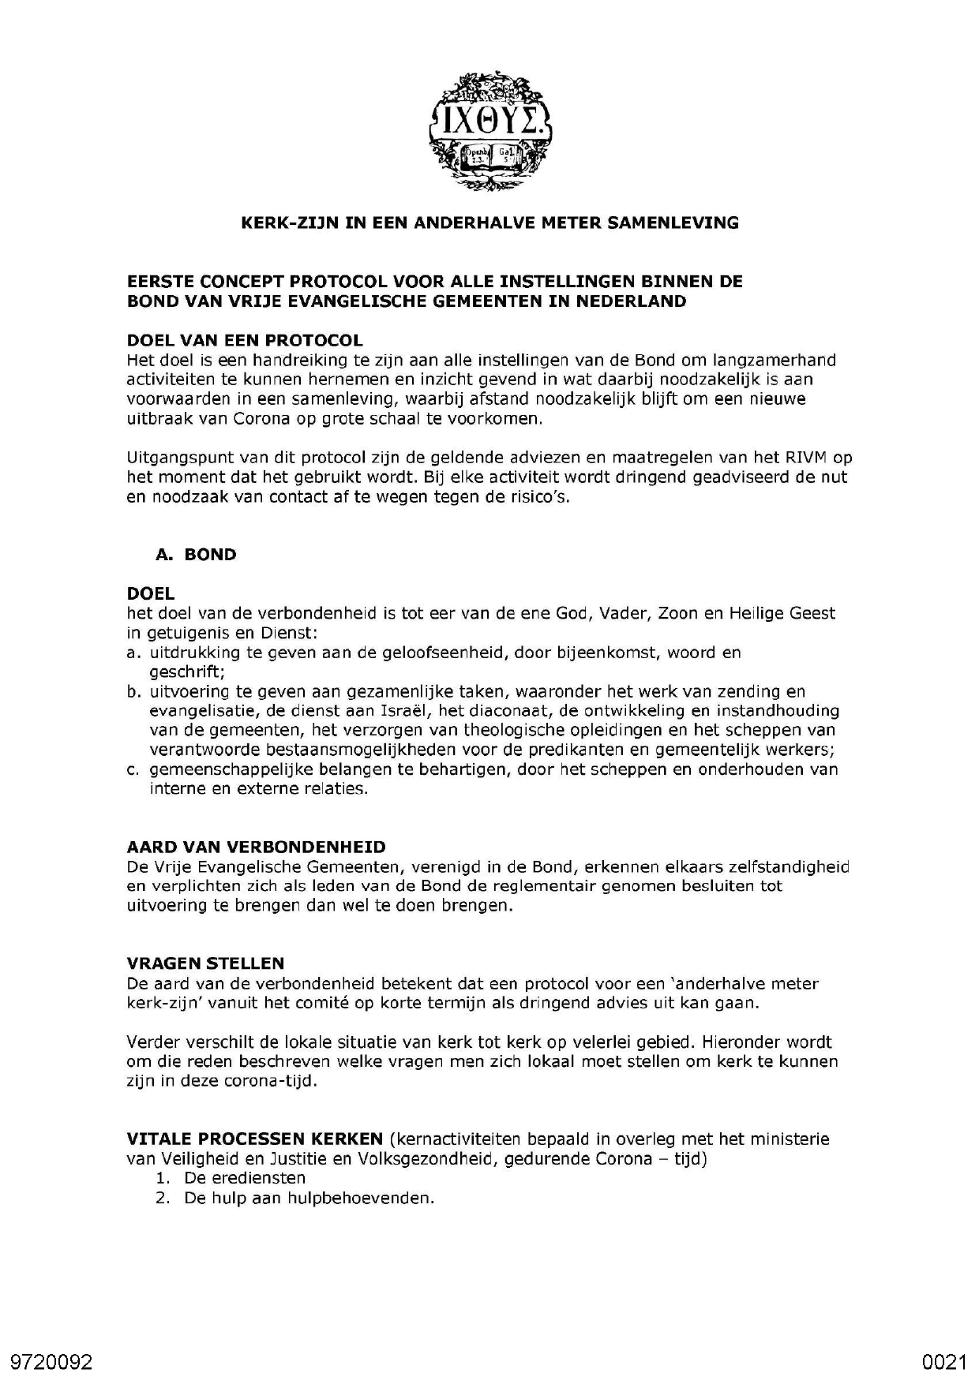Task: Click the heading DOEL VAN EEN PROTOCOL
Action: [x=245, y=341]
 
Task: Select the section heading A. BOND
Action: [x=197, y=555]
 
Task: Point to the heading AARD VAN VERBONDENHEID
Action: [x=257, y=847]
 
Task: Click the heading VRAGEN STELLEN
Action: [x=205, y=963]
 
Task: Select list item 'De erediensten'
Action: [x=245, y=1178]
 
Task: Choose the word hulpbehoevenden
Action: [x=369, y=1198]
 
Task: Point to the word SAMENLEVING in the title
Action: [x=673, y=223]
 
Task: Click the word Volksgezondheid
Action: [x=427, y=1159]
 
